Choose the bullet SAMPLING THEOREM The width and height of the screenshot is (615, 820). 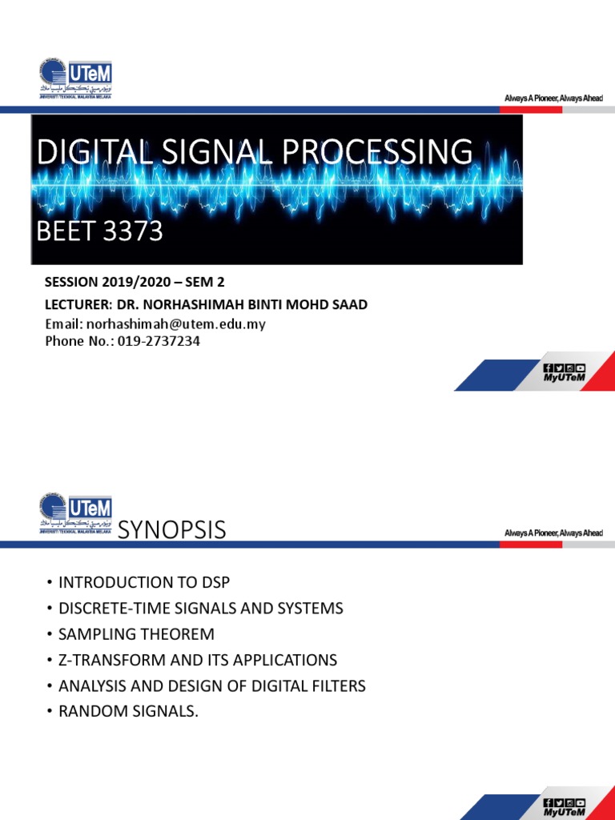[136, 634]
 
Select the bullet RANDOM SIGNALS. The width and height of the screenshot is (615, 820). [127, 711]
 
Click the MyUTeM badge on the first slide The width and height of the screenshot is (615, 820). [564, 373]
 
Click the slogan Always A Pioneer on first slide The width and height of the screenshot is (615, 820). [553, 98]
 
